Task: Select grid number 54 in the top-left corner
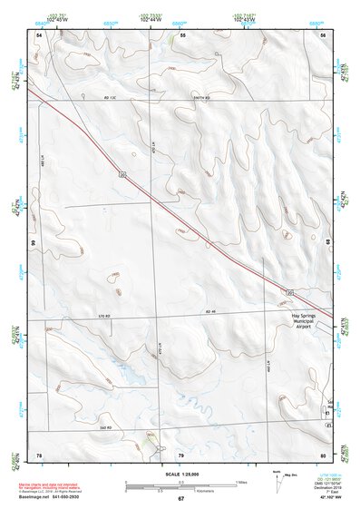coord(39,34)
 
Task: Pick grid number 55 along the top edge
coord(182,34)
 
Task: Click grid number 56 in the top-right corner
coord(323,34)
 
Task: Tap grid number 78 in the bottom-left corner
coord(39,454)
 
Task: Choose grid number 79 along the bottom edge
coord(180,454)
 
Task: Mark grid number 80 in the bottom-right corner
coord(323,454)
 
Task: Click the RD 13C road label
coord(112,96)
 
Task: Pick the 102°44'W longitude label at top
coord(151,19)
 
